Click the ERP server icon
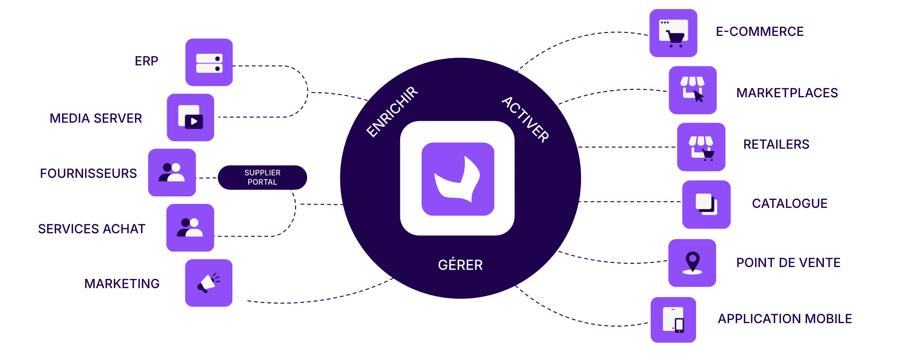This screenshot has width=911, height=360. (x=209, y=63)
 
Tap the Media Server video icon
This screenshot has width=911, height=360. (x=191, y=118)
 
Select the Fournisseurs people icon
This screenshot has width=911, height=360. (x=172, y=173)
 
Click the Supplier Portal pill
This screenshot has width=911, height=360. (x=262, y=178)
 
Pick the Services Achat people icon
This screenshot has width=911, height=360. (x=190, y=228)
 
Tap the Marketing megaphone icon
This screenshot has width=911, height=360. (x=209, y=283)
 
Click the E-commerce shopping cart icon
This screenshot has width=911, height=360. (x=673, y=33)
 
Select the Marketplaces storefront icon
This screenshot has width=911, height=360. (x=693, y=90)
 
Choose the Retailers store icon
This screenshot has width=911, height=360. (x=701, y=147)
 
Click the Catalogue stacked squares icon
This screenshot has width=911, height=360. (x=706, y=204)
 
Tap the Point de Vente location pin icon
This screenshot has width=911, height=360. (x=692, y=263)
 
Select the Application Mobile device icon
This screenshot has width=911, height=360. (x=673, y=320)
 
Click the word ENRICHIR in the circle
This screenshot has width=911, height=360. (x=392, y=112)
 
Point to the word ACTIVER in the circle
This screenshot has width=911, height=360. (x=526, y=120)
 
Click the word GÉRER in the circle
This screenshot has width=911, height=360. (x=460, y=265)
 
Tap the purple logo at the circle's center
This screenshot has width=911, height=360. (x=458, y=179)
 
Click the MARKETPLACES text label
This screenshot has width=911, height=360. (x=787, y=93)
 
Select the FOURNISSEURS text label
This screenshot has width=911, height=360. (x=88, y=173)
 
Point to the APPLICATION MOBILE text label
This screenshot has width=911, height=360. (x=785, y=318)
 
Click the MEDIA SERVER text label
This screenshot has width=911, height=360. (x=96, y=118)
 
